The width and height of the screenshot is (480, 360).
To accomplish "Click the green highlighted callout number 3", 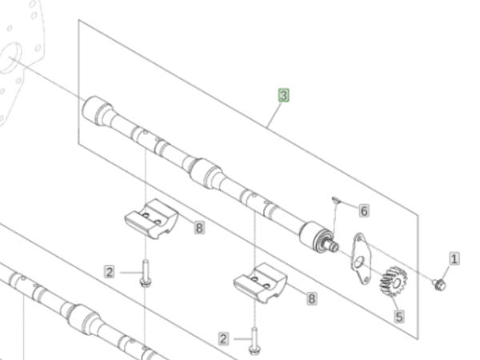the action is (283, 95).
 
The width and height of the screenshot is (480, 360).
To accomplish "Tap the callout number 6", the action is (364, 211).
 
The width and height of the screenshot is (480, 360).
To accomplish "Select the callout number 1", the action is (454, 258).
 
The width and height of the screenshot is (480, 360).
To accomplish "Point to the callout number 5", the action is (399, 317).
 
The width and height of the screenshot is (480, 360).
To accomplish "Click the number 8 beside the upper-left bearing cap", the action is (199, 228).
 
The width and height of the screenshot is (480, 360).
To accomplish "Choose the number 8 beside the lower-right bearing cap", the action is (312, 298).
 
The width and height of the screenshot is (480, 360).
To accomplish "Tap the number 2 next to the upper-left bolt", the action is (110, 272).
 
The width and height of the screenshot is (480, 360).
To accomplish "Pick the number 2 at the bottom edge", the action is (223, 339).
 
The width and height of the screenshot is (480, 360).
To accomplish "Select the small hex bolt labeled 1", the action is (439, 285).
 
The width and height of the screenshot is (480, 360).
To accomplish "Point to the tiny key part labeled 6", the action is (336, 200).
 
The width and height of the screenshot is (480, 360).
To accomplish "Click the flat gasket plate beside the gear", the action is (362, 258).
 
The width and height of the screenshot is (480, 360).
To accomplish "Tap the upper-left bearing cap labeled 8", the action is (151, 219).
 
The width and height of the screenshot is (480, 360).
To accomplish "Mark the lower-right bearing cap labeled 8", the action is (261, 283).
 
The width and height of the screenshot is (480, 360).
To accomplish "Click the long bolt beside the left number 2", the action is (146, 274).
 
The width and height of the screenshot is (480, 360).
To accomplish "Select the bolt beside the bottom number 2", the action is (254, 341).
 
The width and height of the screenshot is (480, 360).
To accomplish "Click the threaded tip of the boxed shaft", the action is (334, 246).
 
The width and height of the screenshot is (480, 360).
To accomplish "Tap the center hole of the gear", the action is (397, 283).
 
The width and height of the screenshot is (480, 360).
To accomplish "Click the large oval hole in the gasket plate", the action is (359, 262).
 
